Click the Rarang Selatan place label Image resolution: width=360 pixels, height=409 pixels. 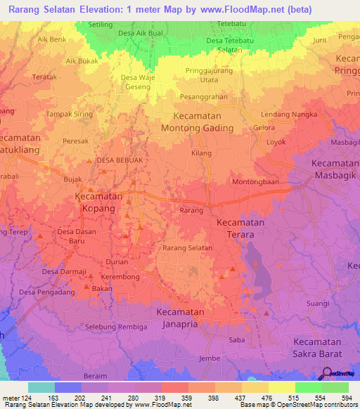(188, 247)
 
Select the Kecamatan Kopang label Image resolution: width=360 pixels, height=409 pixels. (98, 204)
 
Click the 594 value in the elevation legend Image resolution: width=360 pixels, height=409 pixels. (345, 397)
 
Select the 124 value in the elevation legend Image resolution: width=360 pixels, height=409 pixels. (27, 397)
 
